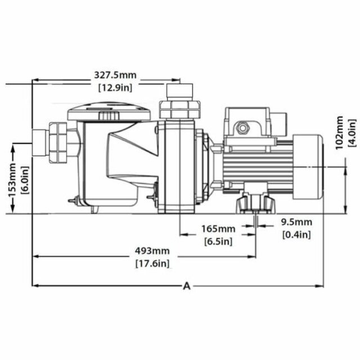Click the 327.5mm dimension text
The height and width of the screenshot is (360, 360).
coord(115,75)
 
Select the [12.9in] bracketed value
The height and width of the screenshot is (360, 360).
coord(115,87)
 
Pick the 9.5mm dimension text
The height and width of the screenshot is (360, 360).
coord(295,222)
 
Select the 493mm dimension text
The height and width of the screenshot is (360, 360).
coord(152,250)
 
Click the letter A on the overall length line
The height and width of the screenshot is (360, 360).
coord(187,286)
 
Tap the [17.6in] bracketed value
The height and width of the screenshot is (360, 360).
coord(152,263)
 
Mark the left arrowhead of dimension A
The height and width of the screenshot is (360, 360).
coord(35,286)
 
